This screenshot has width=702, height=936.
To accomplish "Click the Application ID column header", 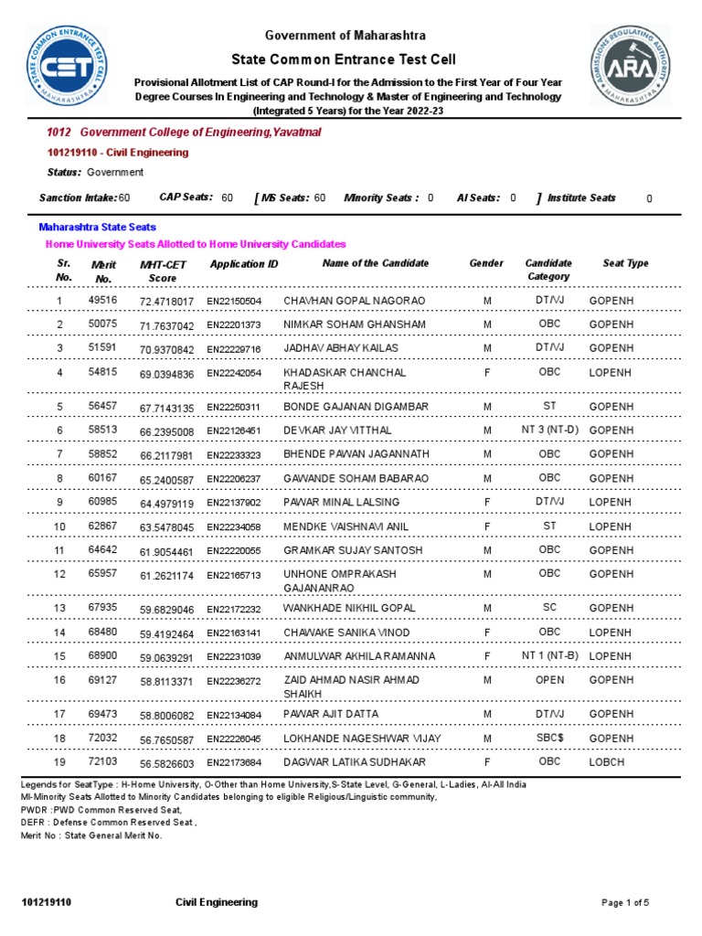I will click(x=244, y=264).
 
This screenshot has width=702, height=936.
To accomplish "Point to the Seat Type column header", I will click(x=625, y=263).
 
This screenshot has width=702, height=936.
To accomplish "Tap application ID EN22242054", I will click(x=234, y=374).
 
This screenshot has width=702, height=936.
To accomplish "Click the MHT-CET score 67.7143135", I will click(x=166, y=408).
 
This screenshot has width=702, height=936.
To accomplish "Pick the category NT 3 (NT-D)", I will click(x=548, y=430).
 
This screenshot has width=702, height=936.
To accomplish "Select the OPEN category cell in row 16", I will click(x=548, y=681).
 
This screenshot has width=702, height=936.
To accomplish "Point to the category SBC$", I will click(x=548, y=738).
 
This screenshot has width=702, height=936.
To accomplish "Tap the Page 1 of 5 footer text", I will click(x=625, y=903).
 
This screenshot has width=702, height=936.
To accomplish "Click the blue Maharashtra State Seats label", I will click(x=97, y=227).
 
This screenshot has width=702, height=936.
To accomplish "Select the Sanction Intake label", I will click(x=78, y=197).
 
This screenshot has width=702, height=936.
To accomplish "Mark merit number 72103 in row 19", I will click(x=102, y=761).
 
